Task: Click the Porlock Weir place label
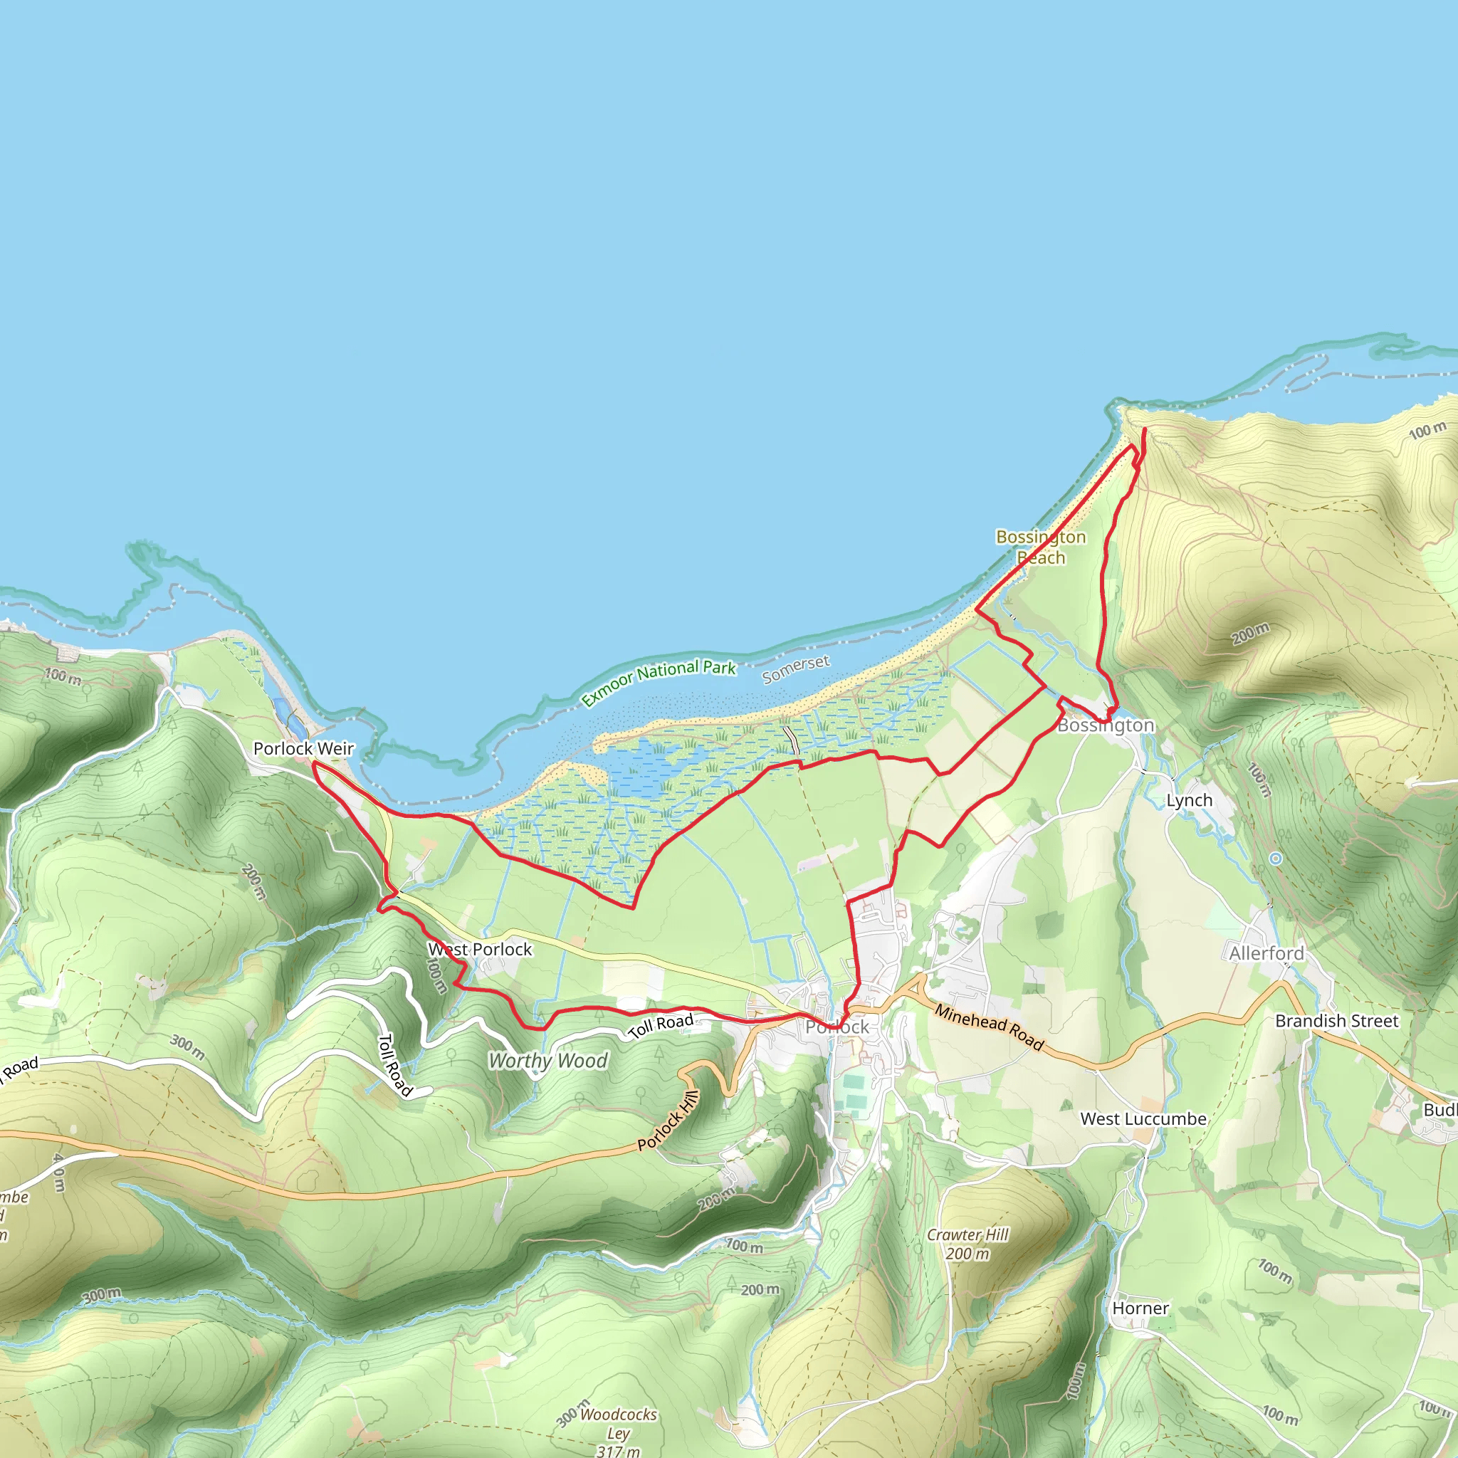coord(303,749)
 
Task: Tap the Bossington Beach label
coord(1041,547)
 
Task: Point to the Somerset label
coord(795,668)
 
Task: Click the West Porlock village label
coord(481,950)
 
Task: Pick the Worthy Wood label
coord(548,1061)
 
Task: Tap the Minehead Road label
coord(990,1027)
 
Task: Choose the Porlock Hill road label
coord(668,1121)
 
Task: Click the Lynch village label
coord(1190,800)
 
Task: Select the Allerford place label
coord(1266,954)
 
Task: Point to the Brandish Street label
coord(1336,1021)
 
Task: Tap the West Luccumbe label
coord(1143,1119)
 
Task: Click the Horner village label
coord(1140,1308)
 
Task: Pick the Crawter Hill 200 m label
coord(967,1244)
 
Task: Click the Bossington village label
coord(1106,725)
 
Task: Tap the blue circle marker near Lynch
coord(1275,859)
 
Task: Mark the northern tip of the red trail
coord(1145,429)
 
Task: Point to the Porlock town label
coord(837,1027)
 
